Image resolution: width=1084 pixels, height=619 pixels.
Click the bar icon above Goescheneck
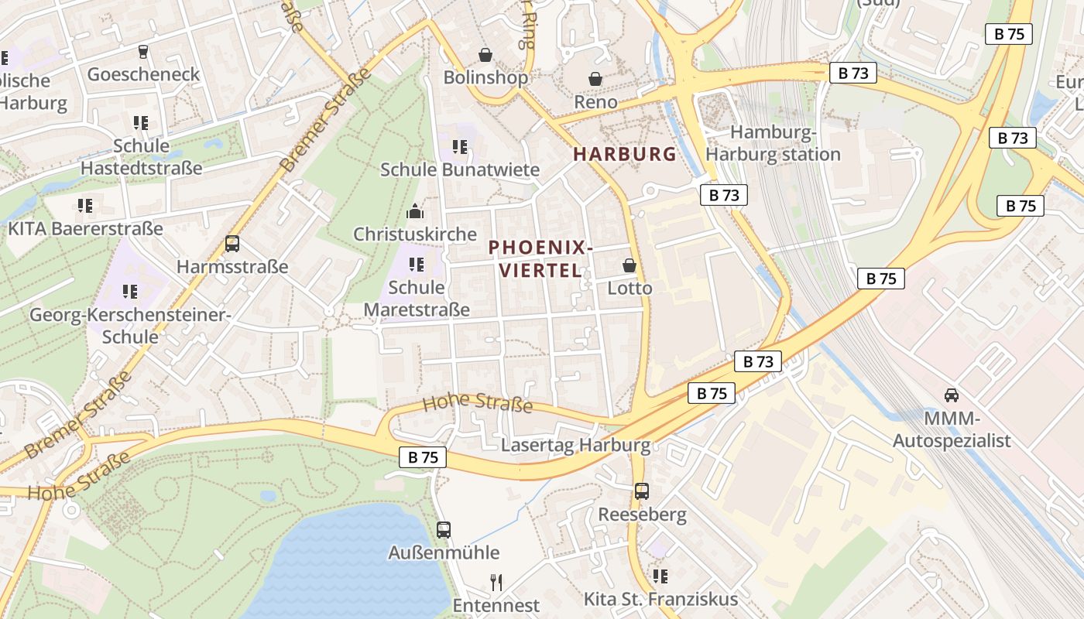click(x=142, y=52)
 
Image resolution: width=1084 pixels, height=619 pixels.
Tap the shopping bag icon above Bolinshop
click(x=485, y=55)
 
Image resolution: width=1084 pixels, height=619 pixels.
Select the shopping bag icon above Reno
click(x=595, y=79)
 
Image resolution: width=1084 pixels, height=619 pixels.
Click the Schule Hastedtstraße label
click(x=141, y=156)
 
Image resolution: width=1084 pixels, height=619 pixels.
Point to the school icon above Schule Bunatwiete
click(x=460, y=146)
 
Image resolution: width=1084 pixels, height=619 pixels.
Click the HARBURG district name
click(x=625, y=154)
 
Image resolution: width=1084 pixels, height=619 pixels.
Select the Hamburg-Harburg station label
click(x=773, y=143)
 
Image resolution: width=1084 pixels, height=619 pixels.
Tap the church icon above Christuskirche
click(x=415, y=210)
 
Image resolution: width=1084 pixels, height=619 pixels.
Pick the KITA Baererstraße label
click(x=85, y=229)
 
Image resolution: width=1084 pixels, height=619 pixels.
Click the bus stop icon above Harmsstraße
click(x=232, y=244)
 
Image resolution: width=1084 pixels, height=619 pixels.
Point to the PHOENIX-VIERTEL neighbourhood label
click(x=540, y=258)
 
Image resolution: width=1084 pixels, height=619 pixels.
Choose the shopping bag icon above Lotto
click(x=629, y=265)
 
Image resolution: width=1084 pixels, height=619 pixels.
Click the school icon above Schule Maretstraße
click(x=417, y=265)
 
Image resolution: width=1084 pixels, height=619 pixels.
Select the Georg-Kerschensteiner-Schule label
click(x=130, y=326)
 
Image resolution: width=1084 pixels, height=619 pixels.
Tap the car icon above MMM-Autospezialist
click(x=952, y=395)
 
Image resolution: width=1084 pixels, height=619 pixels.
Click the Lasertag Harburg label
click(x=575, y=446)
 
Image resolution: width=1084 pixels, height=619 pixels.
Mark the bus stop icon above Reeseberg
click(x=642, y=491)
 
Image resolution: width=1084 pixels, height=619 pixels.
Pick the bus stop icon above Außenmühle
click(x=444, y=530)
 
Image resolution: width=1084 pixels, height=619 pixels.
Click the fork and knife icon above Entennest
click(x=496, y=582)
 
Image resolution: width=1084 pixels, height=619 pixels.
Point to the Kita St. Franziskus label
click(x=660, y=599)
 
